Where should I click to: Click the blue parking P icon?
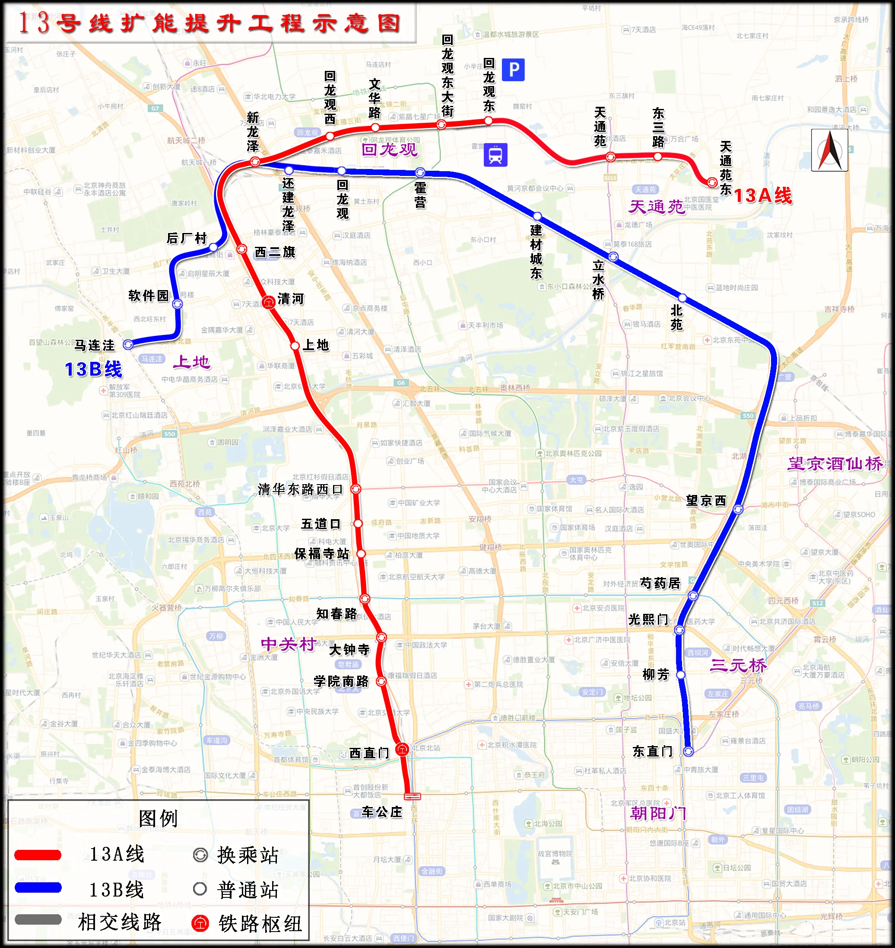pyautogui.click(x=513, y=70)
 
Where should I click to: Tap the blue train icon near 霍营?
pyautogui.click(x=495, y=155)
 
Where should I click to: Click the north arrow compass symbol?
pyautogui.click(x=829, y=150)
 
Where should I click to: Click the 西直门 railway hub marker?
pyautogui.click(x=402, y=749)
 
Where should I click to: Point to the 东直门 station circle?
pyautogui.click(x=688, y=751)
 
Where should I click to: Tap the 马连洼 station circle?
pyautogui.click(x=128, y=344)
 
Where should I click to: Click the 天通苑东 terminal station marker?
pyautogui.click(x=712, y=182)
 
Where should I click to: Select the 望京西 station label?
pyautogui.click(x=706, y=500)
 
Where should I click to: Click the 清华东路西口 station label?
pyautogui.click(x=300, y=489)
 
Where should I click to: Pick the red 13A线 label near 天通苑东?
pyautogui.click(x=762, y=196)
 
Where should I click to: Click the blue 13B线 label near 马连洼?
pyautogui.click(x=93, y=369)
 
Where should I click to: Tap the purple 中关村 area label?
pyautogui.click(x=288, y=645)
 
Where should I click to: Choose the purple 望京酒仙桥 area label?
pyautogui.click(x=835, y=463)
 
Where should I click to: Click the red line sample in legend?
pyautogui.click(x=38, y=855)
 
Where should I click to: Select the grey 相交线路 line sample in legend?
pyautogui.click(x=38, y=919)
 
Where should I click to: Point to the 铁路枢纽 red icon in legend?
pyautogui.click(x=200, y=923)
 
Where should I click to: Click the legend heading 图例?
pyautogui.click(x=158, y=818)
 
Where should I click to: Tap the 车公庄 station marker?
pyautogui.click(x=412, y=796)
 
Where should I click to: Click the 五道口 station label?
pyautogui.click(x=321, y=523)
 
